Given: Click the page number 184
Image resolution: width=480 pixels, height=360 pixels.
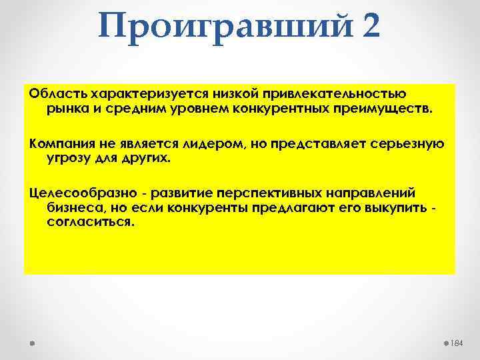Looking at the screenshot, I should pos(456,343).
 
